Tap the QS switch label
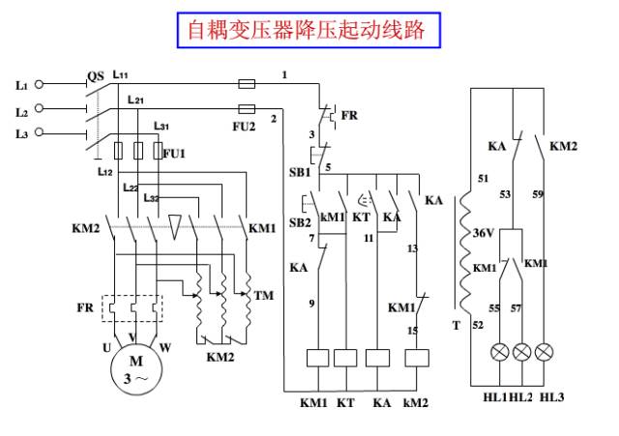click(95, 75)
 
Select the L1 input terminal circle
click(39, 85)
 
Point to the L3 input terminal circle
click(39, 132)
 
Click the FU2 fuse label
click(246, 125)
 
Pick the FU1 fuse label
click(173, 153)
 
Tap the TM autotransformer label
click(262, 294)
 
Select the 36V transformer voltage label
click(485, 233)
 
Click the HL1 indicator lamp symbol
click(499, 351)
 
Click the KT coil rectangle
click(345, 357)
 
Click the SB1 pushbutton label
click(300, 172)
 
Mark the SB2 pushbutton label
click(300, 222)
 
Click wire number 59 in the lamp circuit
click(538, 194)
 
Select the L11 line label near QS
click(122, 73)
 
